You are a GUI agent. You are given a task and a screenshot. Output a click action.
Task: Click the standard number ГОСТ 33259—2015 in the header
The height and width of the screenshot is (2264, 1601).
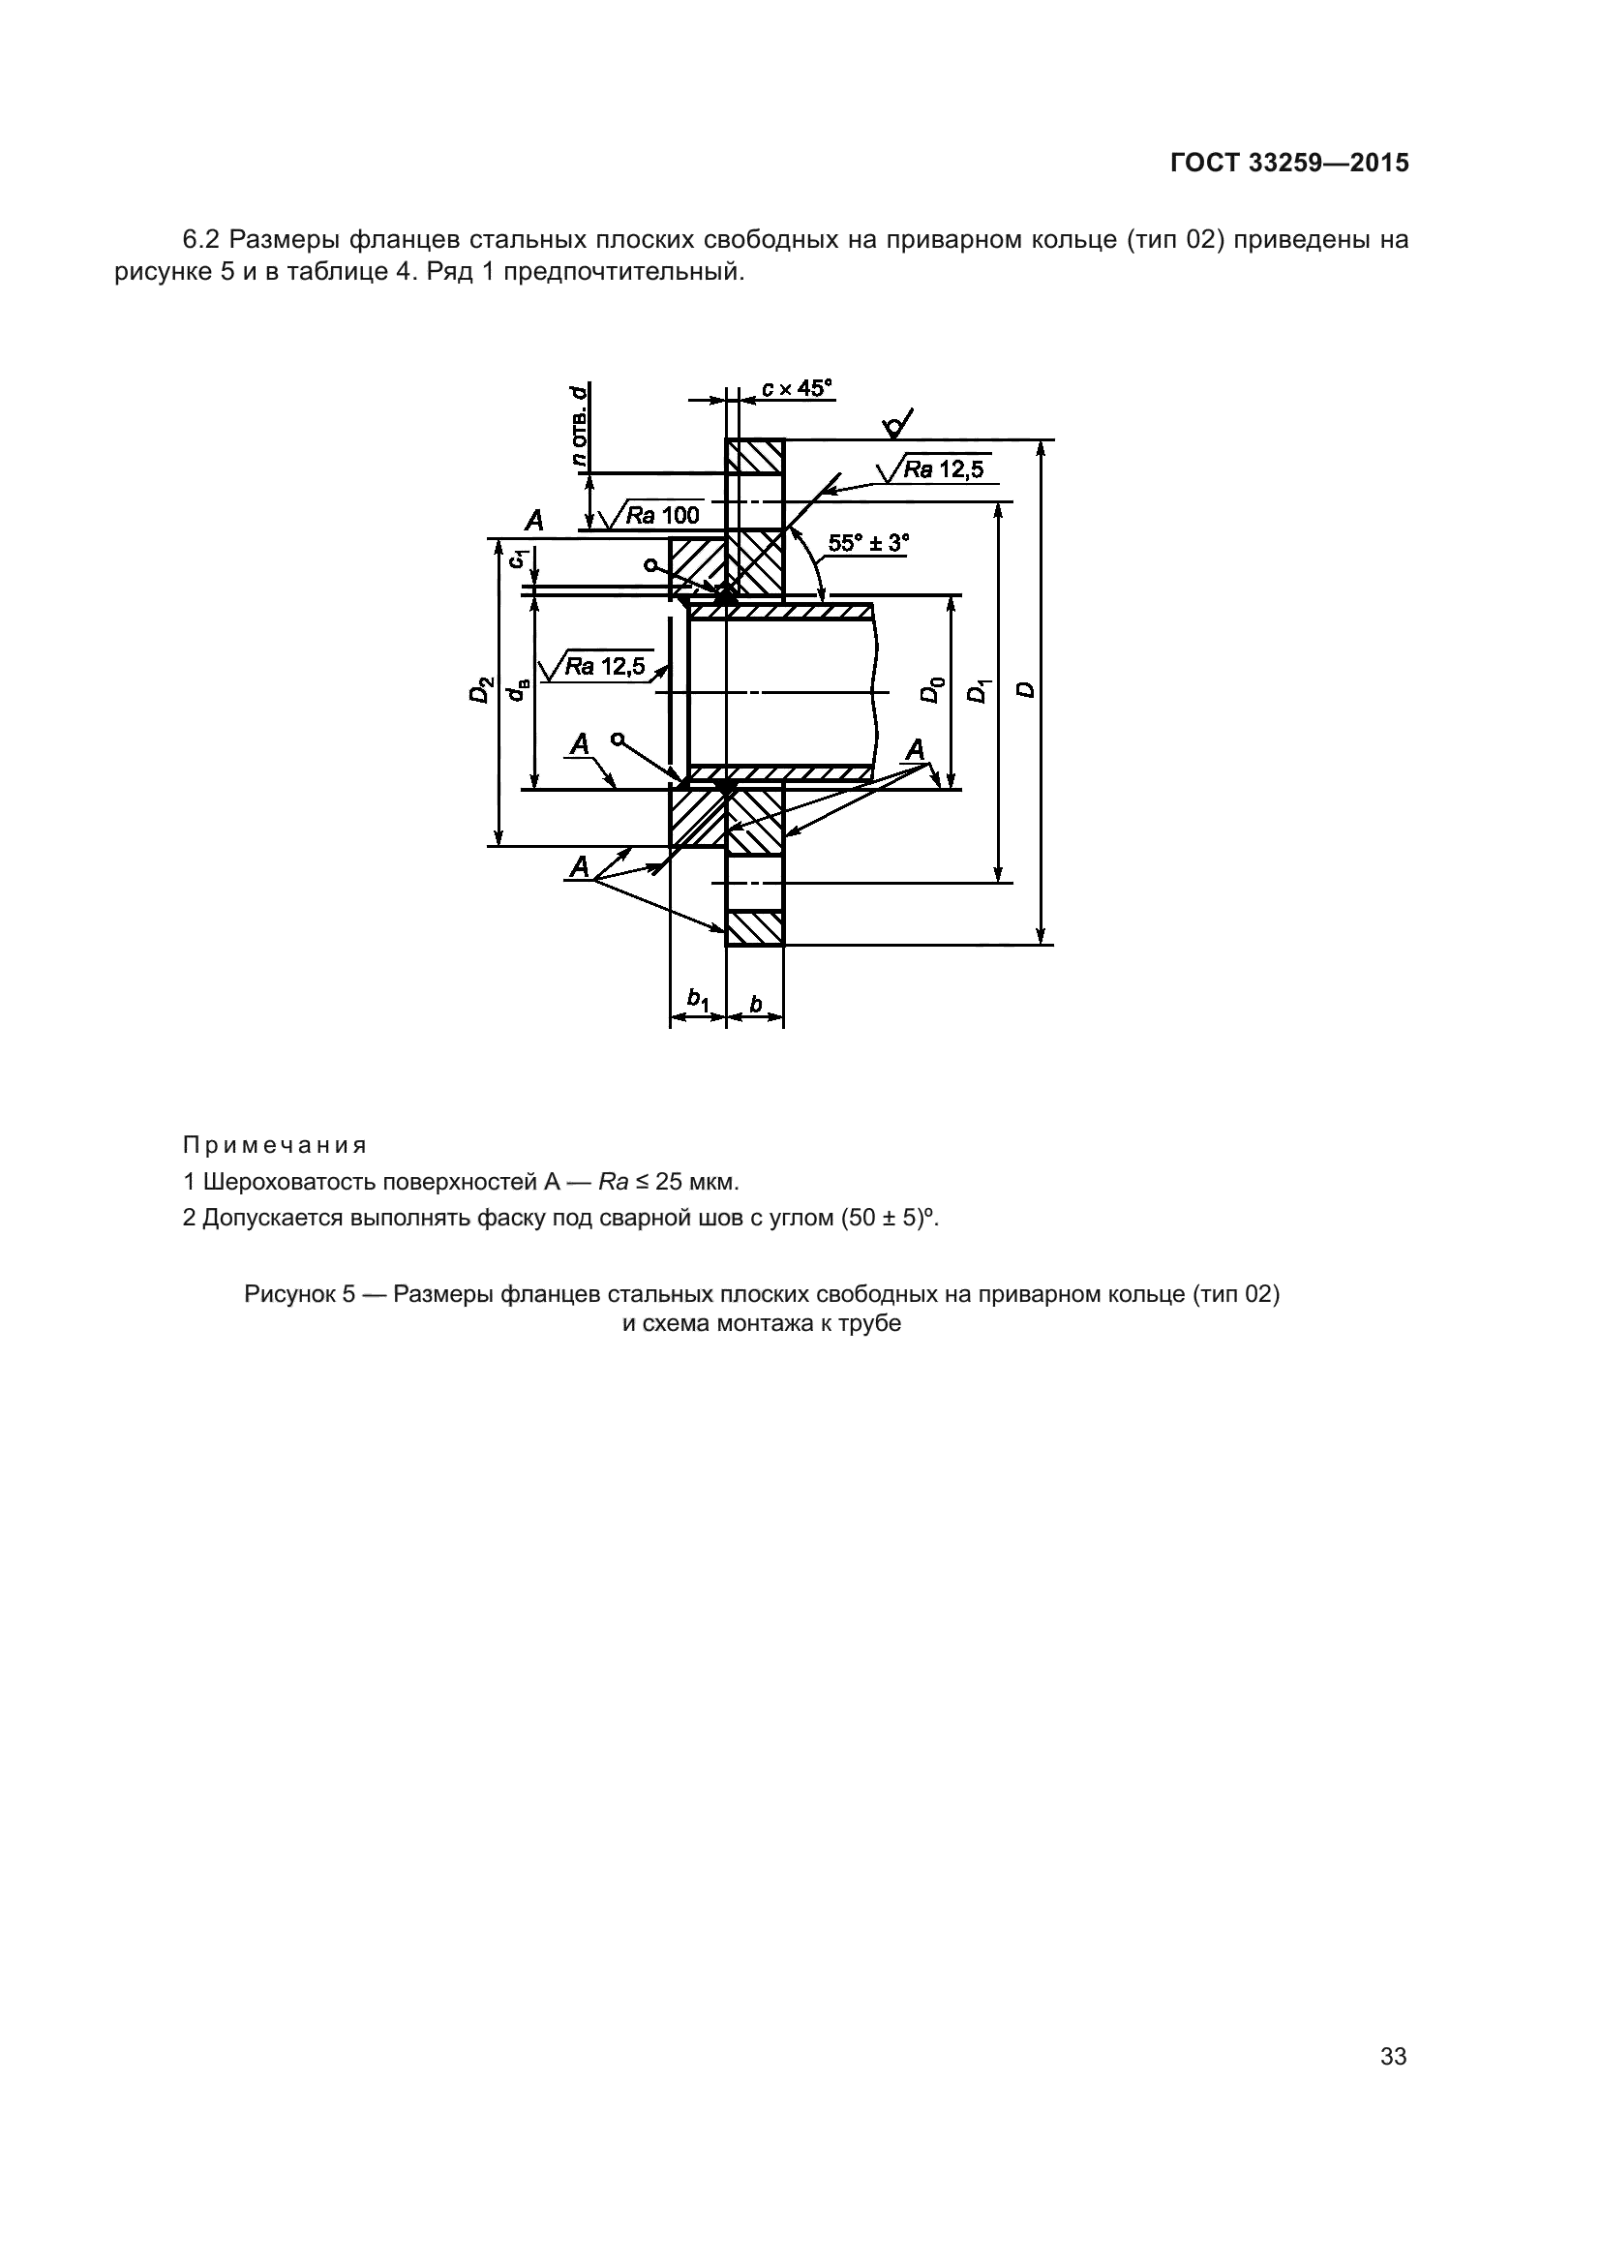1288,163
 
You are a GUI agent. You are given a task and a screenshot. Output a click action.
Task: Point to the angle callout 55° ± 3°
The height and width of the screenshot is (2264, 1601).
868,543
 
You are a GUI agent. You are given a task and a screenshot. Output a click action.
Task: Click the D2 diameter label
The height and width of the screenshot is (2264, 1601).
480,689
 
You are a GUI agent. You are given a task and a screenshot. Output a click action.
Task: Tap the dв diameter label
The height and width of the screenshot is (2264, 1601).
516,690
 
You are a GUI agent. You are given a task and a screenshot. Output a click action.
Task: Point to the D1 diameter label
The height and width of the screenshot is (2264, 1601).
978,690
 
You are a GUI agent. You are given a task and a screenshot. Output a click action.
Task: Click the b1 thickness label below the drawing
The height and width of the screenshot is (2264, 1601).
698,999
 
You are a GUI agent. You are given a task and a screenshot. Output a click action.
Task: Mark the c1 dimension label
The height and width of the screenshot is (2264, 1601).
516,559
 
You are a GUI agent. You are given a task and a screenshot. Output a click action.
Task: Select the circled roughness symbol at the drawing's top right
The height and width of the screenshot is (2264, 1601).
896,425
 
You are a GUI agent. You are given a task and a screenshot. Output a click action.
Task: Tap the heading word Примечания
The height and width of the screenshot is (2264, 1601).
275,1146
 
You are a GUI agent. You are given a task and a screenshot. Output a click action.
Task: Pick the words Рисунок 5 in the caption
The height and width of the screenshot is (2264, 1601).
300,1295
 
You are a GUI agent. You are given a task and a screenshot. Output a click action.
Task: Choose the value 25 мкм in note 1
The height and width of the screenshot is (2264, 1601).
696,1181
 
